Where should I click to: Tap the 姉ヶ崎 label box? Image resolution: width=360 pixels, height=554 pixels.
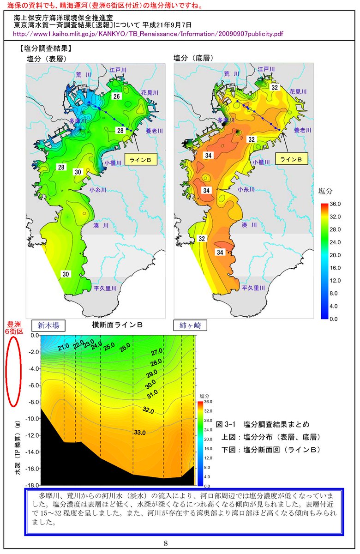coord(190,325)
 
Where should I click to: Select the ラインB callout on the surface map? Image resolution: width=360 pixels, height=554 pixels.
coord(141,159)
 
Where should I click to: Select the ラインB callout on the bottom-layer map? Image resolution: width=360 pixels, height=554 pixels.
coord(292,159)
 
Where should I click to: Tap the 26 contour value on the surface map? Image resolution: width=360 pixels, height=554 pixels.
coord(117,96)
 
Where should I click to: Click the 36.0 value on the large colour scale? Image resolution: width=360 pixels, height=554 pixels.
coord(336,204)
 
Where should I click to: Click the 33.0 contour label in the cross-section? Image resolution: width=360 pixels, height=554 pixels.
coord(139,433)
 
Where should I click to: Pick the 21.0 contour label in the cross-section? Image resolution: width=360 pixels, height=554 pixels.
coord(64,347)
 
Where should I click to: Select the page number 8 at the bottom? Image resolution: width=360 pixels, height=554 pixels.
coord(179,543)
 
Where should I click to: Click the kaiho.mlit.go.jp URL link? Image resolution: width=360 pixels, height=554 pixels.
coord(148,34)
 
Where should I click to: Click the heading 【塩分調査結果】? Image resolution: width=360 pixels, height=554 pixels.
coord(45,48)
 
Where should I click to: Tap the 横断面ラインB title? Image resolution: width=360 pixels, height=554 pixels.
coord(117,325)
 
